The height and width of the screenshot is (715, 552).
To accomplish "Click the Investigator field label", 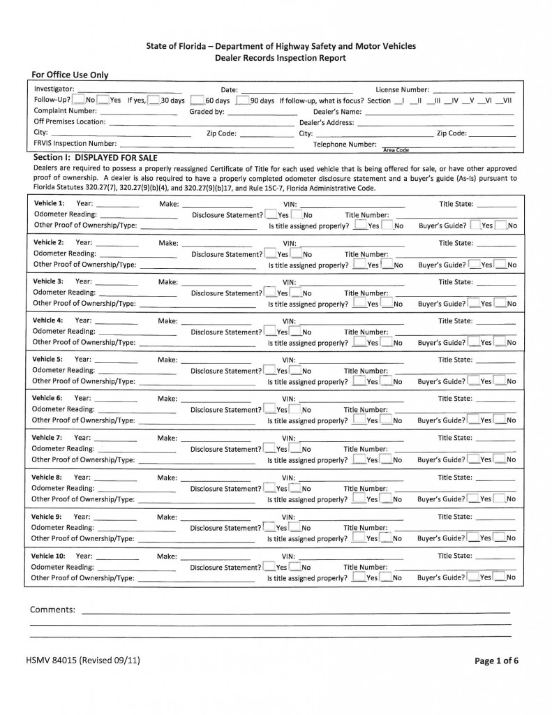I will [x=54, y=89].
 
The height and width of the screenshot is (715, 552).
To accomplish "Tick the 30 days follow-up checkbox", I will [x=154, y=101].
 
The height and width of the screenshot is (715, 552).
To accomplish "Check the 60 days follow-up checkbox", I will [x=197, y=101].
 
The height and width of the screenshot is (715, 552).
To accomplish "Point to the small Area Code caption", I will [x=396, y=150].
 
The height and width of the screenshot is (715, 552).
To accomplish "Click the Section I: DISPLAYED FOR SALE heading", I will [x=95, y=158].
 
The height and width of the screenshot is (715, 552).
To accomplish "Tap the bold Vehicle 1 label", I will [x=49, y=203].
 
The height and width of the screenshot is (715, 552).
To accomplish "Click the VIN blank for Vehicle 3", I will [x=350, y=283].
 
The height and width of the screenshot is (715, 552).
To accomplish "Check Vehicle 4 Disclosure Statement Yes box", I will [x=270, y=332].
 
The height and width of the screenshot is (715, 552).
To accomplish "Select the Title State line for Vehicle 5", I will [x=497, y=361].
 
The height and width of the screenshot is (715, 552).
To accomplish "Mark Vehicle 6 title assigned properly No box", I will [x=386, y=420].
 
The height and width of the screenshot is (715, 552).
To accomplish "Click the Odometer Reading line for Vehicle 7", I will [x=137, y=450].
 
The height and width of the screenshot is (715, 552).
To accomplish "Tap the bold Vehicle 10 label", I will [x=50, y=556].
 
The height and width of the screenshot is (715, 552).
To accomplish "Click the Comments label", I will [x=52, y=610].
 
